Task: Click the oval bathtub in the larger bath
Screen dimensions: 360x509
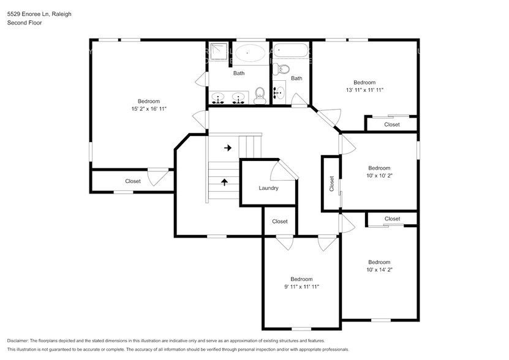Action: (250, 53)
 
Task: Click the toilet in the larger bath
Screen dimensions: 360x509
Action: (259, 95)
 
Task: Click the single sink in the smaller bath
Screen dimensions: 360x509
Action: (279, 92)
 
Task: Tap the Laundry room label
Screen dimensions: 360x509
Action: (268, 188)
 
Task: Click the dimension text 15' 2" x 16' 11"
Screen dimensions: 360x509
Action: (148, 109)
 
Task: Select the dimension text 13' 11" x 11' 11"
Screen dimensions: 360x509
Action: (364, 90)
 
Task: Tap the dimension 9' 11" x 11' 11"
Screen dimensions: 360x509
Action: (301, 287)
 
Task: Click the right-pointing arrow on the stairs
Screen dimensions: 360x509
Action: (227, 148)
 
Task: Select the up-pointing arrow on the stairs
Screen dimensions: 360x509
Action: (224, 182)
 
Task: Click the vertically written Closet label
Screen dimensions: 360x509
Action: (331, 183)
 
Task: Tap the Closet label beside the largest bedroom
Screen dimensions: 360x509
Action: (133, 181)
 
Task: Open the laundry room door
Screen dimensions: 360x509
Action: (284, 170)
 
